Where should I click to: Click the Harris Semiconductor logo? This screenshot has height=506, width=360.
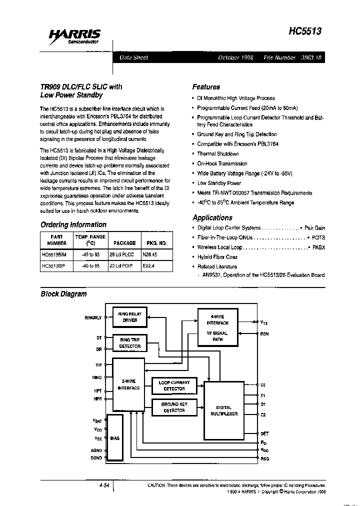(x=74, y=36)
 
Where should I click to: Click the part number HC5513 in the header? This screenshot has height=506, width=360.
(x=304, y=31)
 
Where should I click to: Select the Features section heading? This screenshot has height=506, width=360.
(x=206, y=86)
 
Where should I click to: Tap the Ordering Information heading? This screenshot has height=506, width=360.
(x=73, y=224)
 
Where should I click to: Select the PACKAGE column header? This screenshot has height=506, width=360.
(x=124, y=243)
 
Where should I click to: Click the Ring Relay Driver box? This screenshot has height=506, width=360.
(x=129, y=317)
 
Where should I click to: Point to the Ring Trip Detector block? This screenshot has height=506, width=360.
(x=129, y=342)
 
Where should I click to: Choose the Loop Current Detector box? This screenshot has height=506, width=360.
(x=174, y=385)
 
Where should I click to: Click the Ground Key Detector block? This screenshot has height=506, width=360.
(x=174, y=407)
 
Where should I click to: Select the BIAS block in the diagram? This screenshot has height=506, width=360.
(x=115, y=438)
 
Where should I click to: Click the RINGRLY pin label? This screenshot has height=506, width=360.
(x=93, y=317)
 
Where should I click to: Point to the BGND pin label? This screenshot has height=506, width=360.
(x=96, y=457)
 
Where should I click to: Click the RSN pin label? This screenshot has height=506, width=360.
(x=264, y=333)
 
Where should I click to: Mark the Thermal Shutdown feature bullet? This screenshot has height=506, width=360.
(x=218, y=154)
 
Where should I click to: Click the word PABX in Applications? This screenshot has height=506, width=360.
(x=318, y=247)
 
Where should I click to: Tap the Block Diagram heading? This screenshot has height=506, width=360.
(x=63, y=294)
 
